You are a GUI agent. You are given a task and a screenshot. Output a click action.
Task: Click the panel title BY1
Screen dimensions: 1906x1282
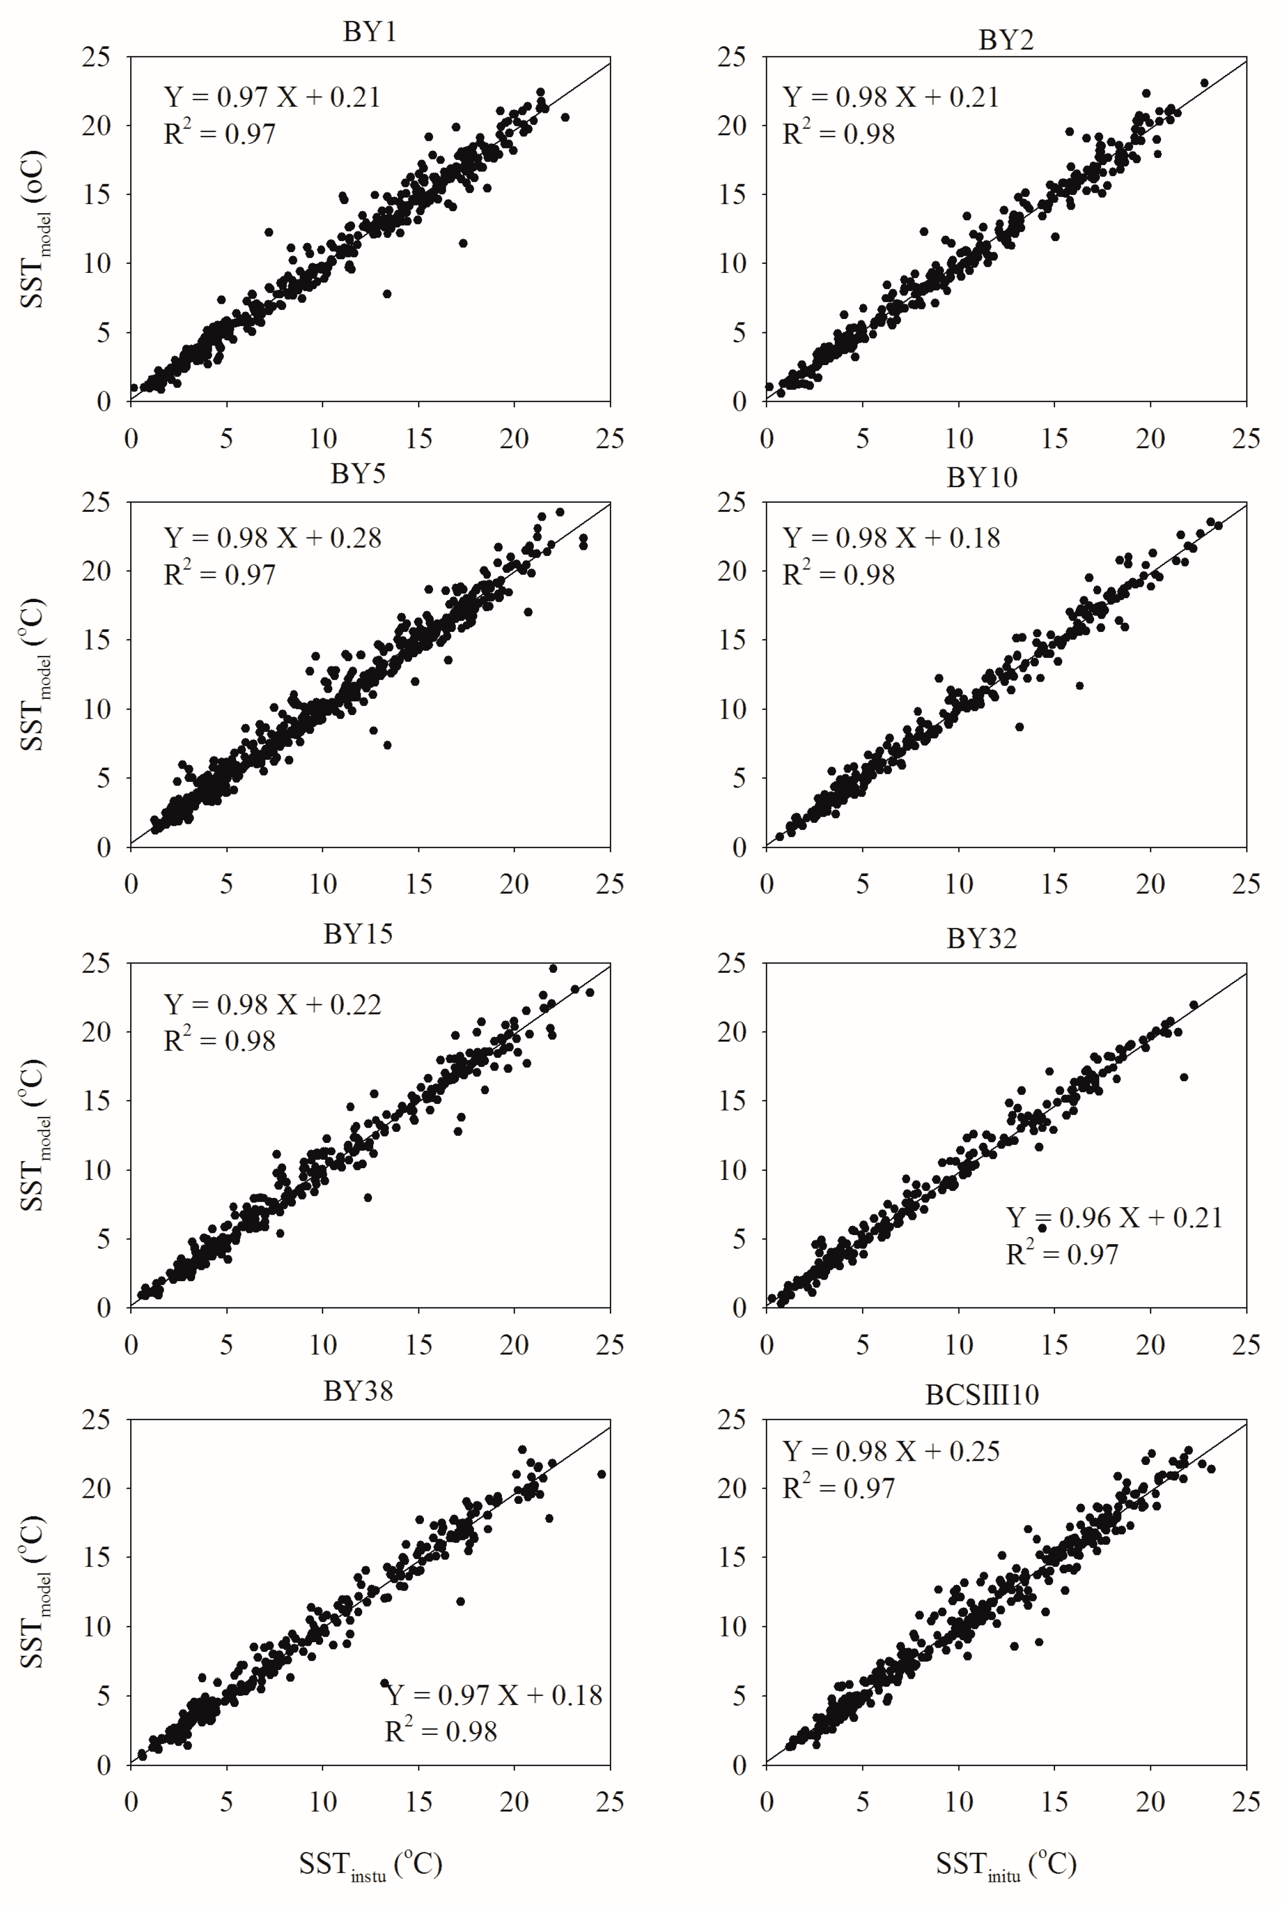pyautogui.click(x=370, y=32)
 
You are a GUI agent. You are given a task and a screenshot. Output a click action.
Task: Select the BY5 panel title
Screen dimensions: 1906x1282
pyautogui.click(x=358, y=474)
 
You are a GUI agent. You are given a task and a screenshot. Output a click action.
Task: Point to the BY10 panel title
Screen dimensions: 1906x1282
pyautogui.click(x=982, y=478)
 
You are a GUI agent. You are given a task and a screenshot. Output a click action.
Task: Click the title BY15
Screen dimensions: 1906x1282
pyautogui.click(x=358, y=934)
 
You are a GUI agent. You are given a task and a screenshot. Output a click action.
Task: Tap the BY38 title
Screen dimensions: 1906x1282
pyautogui.click(x=358, y=1391)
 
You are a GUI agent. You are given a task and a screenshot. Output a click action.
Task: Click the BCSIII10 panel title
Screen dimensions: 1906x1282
pyautogui.click(x=982, y=1395)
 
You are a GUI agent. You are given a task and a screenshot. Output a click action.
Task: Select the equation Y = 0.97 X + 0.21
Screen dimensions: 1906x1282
pyautogui.click(x=273, y=97)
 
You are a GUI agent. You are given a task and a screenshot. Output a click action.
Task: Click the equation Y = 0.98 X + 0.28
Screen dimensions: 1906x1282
pyautogui.click(x=273, y=538)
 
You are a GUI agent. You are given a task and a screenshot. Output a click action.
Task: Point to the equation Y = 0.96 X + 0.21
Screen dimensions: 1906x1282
pyautogui.click(x=1113, y=1218)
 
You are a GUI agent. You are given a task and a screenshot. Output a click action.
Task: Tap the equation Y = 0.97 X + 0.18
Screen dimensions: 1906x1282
pyautogui.click(x=494, y=1695)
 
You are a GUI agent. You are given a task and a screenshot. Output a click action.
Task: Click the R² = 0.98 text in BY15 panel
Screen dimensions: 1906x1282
pyautogui.click(x=219, y=1041)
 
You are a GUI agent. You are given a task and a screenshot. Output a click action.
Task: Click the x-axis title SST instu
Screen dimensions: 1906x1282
pyautogui.click(x=370, y=1864)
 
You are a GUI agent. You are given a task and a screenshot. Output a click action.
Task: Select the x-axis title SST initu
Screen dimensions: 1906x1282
pyautogui.click(x=1005, y=1864)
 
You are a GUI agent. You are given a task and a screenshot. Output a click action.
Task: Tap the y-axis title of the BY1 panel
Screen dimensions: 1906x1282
pyautogui.click(x=34, y=229)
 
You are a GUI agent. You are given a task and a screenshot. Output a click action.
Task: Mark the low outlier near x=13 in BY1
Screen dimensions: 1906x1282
pyautogui.click(x=386, y=293)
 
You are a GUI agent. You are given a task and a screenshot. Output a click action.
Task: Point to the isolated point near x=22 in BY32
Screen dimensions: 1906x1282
pyautogui.click(x=1184, y=1077)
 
